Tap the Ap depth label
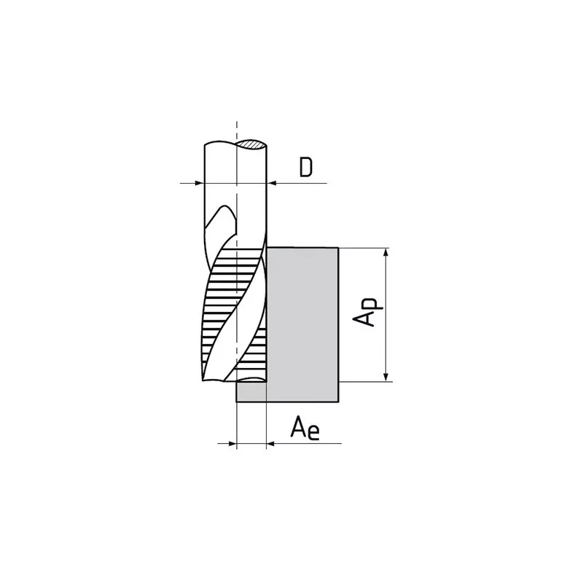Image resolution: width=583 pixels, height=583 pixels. click(x=367, y=312)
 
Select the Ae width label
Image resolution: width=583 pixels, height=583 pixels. click(x=305, y=428)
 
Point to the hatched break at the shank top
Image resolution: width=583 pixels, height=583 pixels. click(x=251, y=144)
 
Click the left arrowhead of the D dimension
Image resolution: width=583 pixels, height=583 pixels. click(x=200, y=183)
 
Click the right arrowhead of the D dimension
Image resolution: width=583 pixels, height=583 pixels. click(x=272, y=183)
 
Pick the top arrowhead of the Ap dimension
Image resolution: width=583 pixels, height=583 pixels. click(x=386, y=253)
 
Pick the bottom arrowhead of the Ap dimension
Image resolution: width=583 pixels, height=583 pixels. click(x=386, y=377)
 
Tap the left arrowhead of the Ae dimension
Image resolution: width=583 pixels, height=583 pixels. click(x=232, y=443)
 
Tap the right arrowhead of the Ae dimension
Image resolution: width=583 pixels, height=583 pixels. click(x=271, y=443)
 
